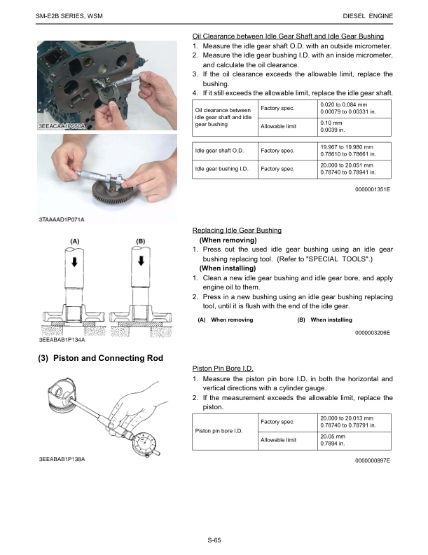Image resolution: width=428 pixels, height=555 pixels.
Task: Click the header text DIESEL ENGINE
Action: [x=368, y=16]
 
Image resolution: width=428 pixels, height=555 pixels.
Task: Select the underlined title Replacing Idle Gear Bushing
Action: [x=237, y=230]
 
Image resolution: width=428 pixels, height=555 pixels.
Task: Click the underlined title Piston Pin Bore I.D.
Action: [x=223, y=368]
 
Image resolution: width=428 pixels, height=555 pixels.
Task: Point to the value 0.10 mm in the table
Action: [x=331, y=122]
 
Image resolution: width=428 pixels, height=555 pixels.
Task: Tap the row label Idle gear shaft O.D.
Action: [x=219, y=151]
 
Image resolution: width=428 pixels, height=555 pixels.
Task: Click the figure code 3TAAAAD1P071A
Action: [x=61, y=219]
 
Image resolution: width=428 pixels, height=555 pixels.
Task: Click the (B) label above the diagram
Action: [x=140, y=242]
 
